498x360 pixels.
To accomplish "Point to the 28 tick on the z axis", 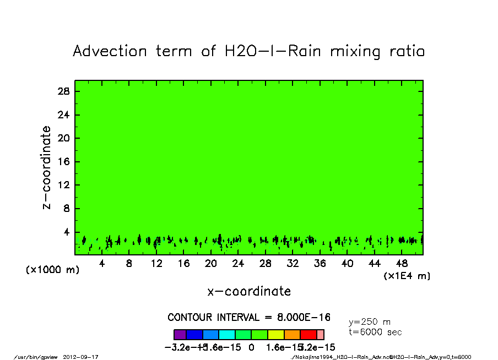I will point(64,91).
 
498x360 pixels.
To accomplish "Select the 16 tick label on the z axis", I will point(64,162).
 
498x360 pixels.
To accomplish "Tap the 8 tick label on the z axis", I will point(67,209).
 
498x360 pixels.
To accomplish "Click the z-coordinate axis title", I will point(47,167).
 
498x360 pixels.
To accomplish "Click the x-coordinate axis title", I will point(249,291).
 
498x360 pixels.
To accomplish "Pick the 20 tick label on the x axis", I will point(211,264).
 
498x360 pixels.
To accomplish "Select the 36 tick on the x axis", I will point(320,264).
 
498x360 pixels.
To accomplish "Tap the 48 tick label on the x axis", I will point(402,264).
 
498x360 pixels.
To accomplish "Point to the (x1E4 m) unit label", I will point(407,276).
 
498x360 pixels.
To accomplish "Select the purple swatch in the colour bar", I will point(180,334).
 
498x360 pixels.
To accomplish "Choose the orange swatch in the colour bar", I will point(292,334).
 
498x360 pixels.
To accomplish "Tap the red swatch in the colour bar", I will point(308,334).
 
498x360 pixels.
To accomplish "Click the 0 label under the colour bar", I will point(251,347).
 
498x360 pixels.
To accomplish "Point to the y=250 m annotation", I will point(370,322).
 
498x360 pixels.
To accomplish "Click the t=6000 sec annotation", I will point(375,332).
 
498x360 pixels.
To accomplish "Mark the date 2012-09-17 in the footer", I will point(85,357).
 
